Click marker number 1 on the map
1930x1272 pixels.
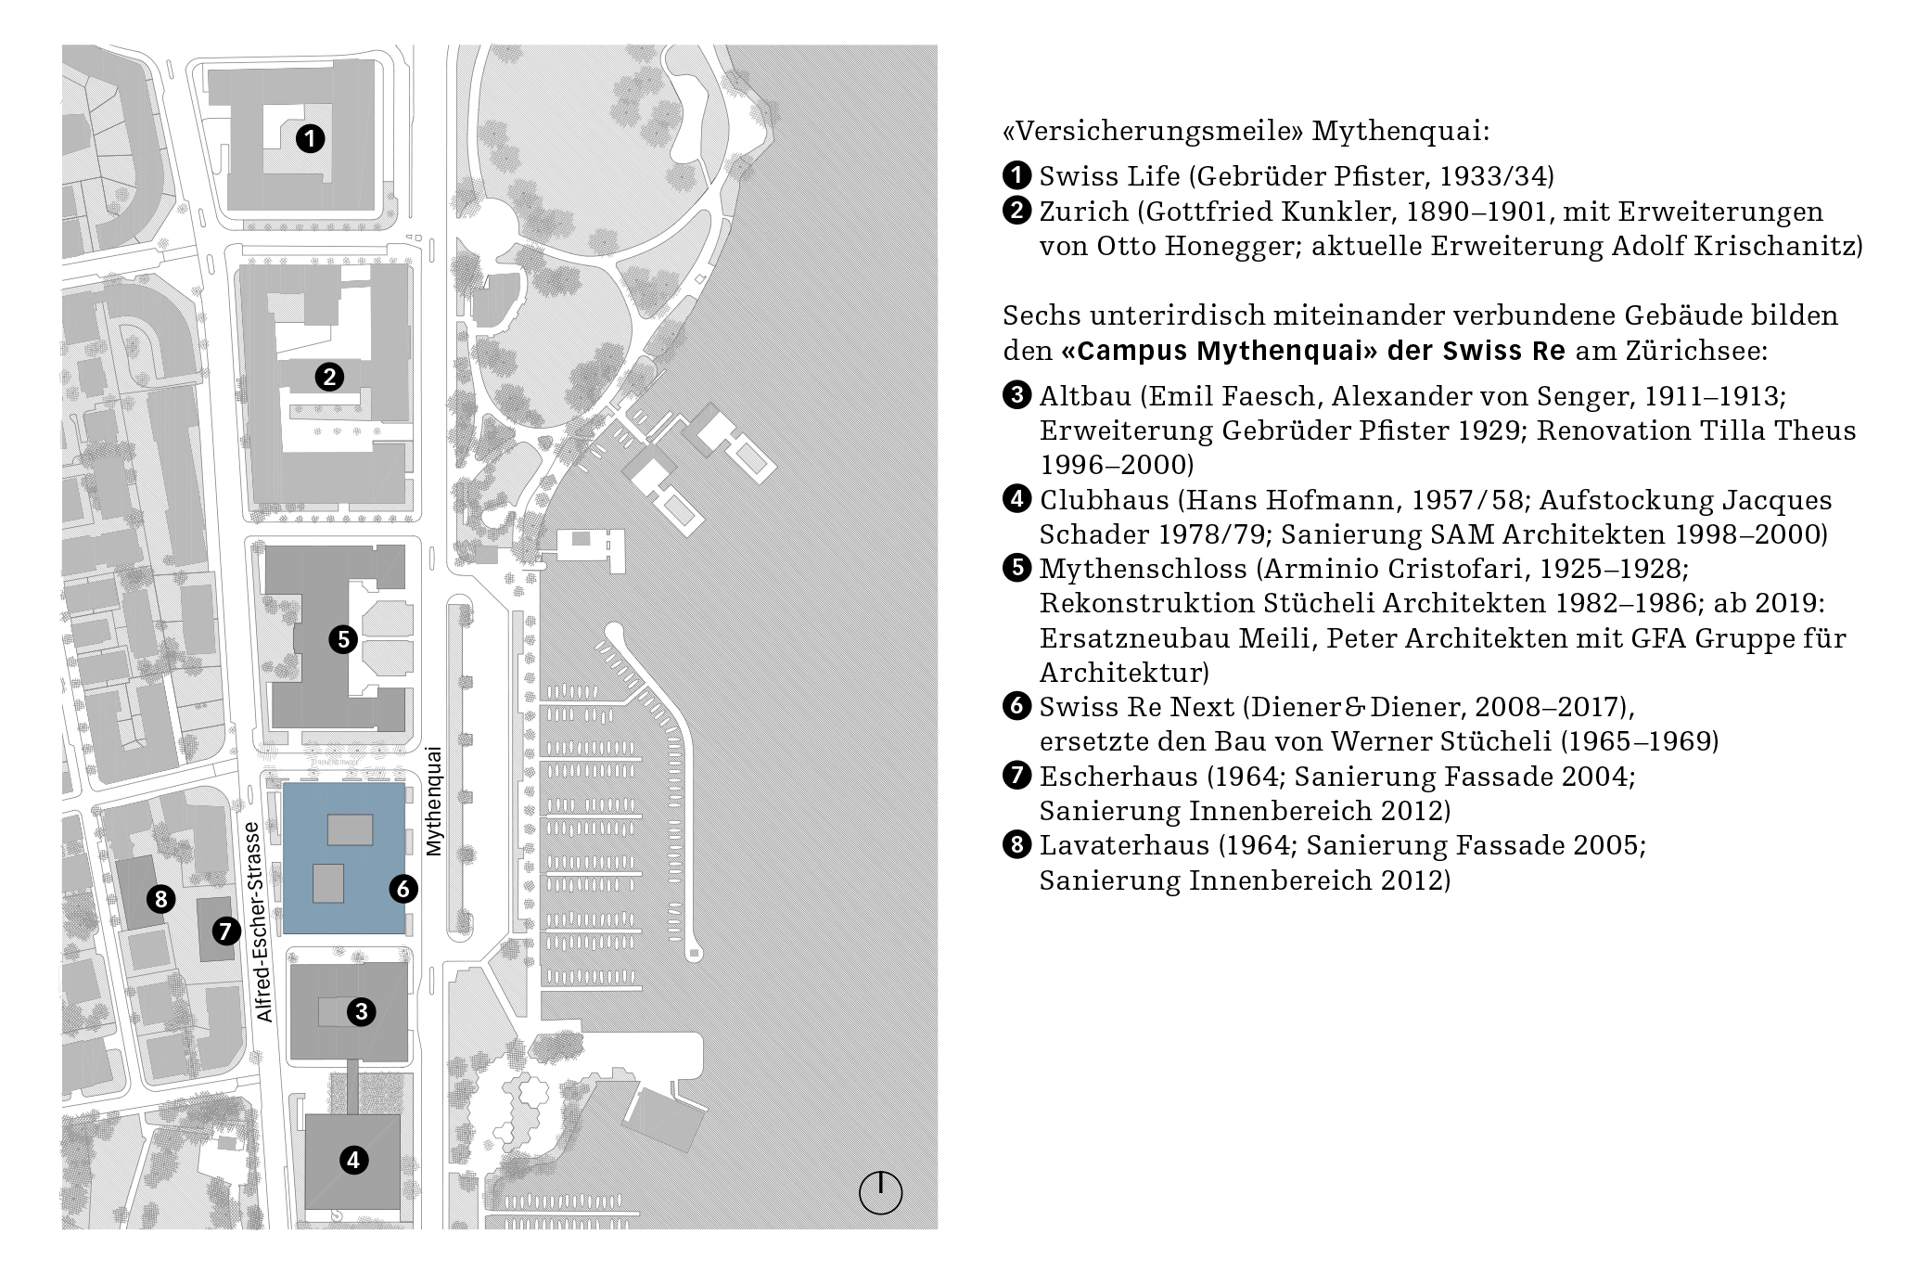coord(310,139)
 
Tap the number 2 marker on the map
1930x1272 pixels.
coord(329,377)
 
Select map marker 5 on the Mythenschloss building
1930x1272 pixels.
coord(343,639)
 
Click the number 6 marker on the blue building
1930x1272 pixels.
coord(403,889)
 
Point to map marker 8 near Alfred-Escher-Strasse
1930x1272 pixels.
coord(161,898)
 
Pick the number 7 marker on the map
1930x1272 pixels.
coord(225,930)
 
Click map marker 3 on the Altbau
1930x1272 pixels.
coord(361,1011)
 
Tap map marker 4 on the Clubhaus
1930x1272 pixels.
coord(353,1160)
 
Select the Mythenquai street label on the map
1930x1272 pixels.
coord(433,801)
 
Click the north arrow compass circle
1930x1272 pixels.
coord(880,1192)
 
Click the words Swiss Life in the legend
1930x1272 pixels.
coord(1109,176)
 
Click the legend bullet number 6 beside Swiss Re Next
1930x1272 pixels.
coord(1016,706)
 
